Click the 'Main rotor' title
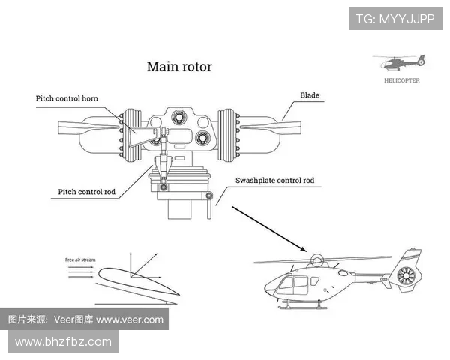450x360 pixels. [x=179, y=67]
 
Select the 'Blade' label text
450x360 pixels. [x=309, y=95]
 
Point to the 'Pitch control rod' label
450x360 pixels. [x=87, y=192]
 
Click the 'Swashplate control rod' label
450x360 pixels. [x=274, y=181]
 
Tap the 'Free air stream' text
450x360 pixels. [x=79, y=259]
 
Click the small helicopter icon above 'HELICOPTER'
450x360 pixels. [x=398, y=62]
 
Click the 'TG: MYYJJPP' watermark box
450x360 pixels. [x=394, y=18]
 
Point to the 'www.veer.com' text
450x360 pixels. [x=129, y=319]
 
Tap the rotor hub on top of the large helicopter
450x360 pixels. [x=318, y=262]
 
